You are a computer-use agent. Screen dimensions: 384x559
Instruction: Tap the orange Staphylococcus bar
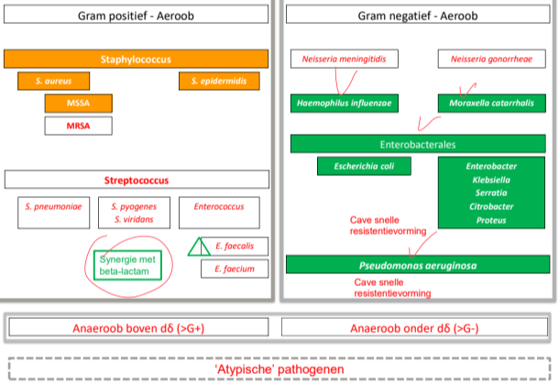click(136, 59)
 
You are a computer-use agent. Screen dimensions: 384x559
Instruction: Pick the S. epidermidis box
click(219, 81)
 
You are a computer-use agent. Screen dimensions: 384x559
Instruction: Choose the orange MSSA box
click(78, 103)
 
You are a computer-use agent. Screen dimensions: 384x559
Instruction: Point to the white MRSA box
click(78, 125)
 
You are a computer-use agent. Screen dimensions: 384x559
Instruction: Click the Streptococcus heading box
click(136, 181)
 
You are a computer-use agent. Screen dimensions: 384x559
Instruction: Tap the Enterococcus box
click(219, 208)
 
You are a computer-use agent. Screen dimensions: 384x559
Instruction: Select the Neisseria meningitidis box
click(338, 60)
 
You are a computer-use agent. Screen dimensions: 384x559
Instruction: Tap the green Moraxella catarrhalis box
click(484, 103)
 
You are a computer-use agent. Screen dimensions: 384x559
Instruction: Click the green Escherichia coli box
click(364, 166)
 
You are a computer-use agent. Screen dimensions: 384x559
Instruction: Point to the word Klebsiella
click(491, 181)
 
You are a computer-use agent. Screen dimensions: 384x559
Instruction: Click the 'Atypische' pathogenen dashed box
click(279, 369)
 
